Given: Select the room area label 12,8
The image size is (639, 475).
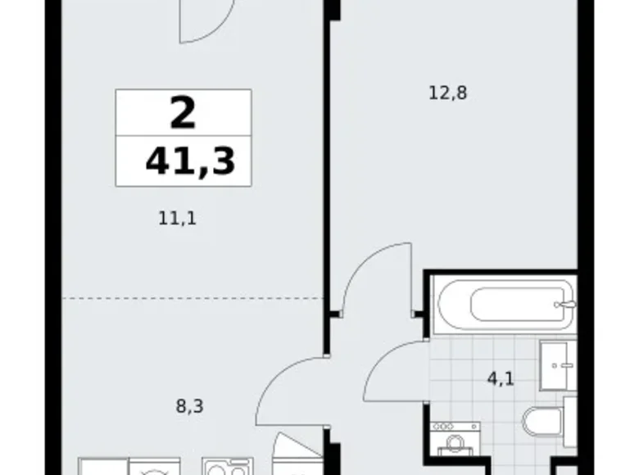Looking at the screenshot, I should point(447,93).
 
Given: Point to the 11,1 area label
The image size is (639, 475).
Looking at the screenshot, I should point(178,218).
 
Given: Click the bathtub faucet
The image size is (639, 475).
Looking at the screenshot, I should point(561,305).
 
